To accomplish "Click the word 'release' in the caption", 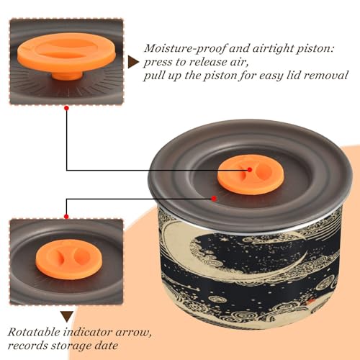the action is click(207, 62).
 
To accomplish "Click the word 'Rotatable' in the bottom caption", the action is click(34, 332).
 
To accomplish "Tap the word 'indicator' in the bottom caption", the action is click(88, 332).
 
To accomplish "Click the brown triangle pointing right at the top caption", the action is click(132, 62).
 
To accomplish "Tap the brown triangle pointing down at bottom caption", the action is click(67, 317).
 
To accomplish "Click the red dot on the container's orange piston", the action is click(250, 170).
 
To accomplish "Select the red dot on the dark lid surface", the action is click(214, 199).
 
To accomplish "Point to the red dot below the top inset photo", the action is click(67, 108).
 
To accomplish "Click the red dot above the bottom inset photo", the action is click(66, 217).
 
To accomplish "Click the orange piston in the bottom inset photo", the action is click(69, 259).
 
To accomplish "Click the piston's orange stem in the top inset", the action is click(67, 76).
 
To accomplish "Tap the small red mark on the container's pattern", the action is click(311, 300).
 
